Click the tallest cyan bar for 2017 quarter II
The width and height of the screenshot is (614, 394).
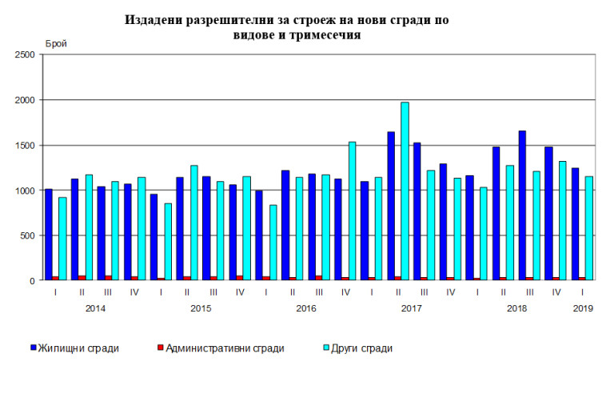click(405, 192)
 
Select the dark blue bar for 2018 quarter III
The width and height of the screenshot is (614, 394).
click(523, 206)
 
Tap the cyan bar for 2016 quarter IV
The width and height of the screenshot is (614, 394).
click(352, 211)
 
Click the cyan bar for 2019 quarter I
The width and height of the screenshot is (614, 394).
click(590, 228)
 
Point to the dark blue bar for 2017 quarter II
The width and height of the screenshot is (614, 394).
click(391, 207)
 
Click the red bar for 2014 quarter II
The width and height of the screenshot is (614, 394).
click(82, 277)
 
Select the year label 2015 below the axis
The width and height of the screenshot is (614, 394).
click(200, 308)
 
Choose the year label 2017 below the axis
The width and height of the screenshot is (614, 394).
click(412, 308)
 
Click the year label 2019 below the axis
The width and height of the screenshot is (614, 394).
click(583, 308)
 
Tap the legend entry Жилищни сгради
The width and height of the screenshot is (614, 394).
click(80, 348)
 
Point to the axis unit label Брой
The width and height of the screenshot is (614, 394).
click(57, 43)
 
